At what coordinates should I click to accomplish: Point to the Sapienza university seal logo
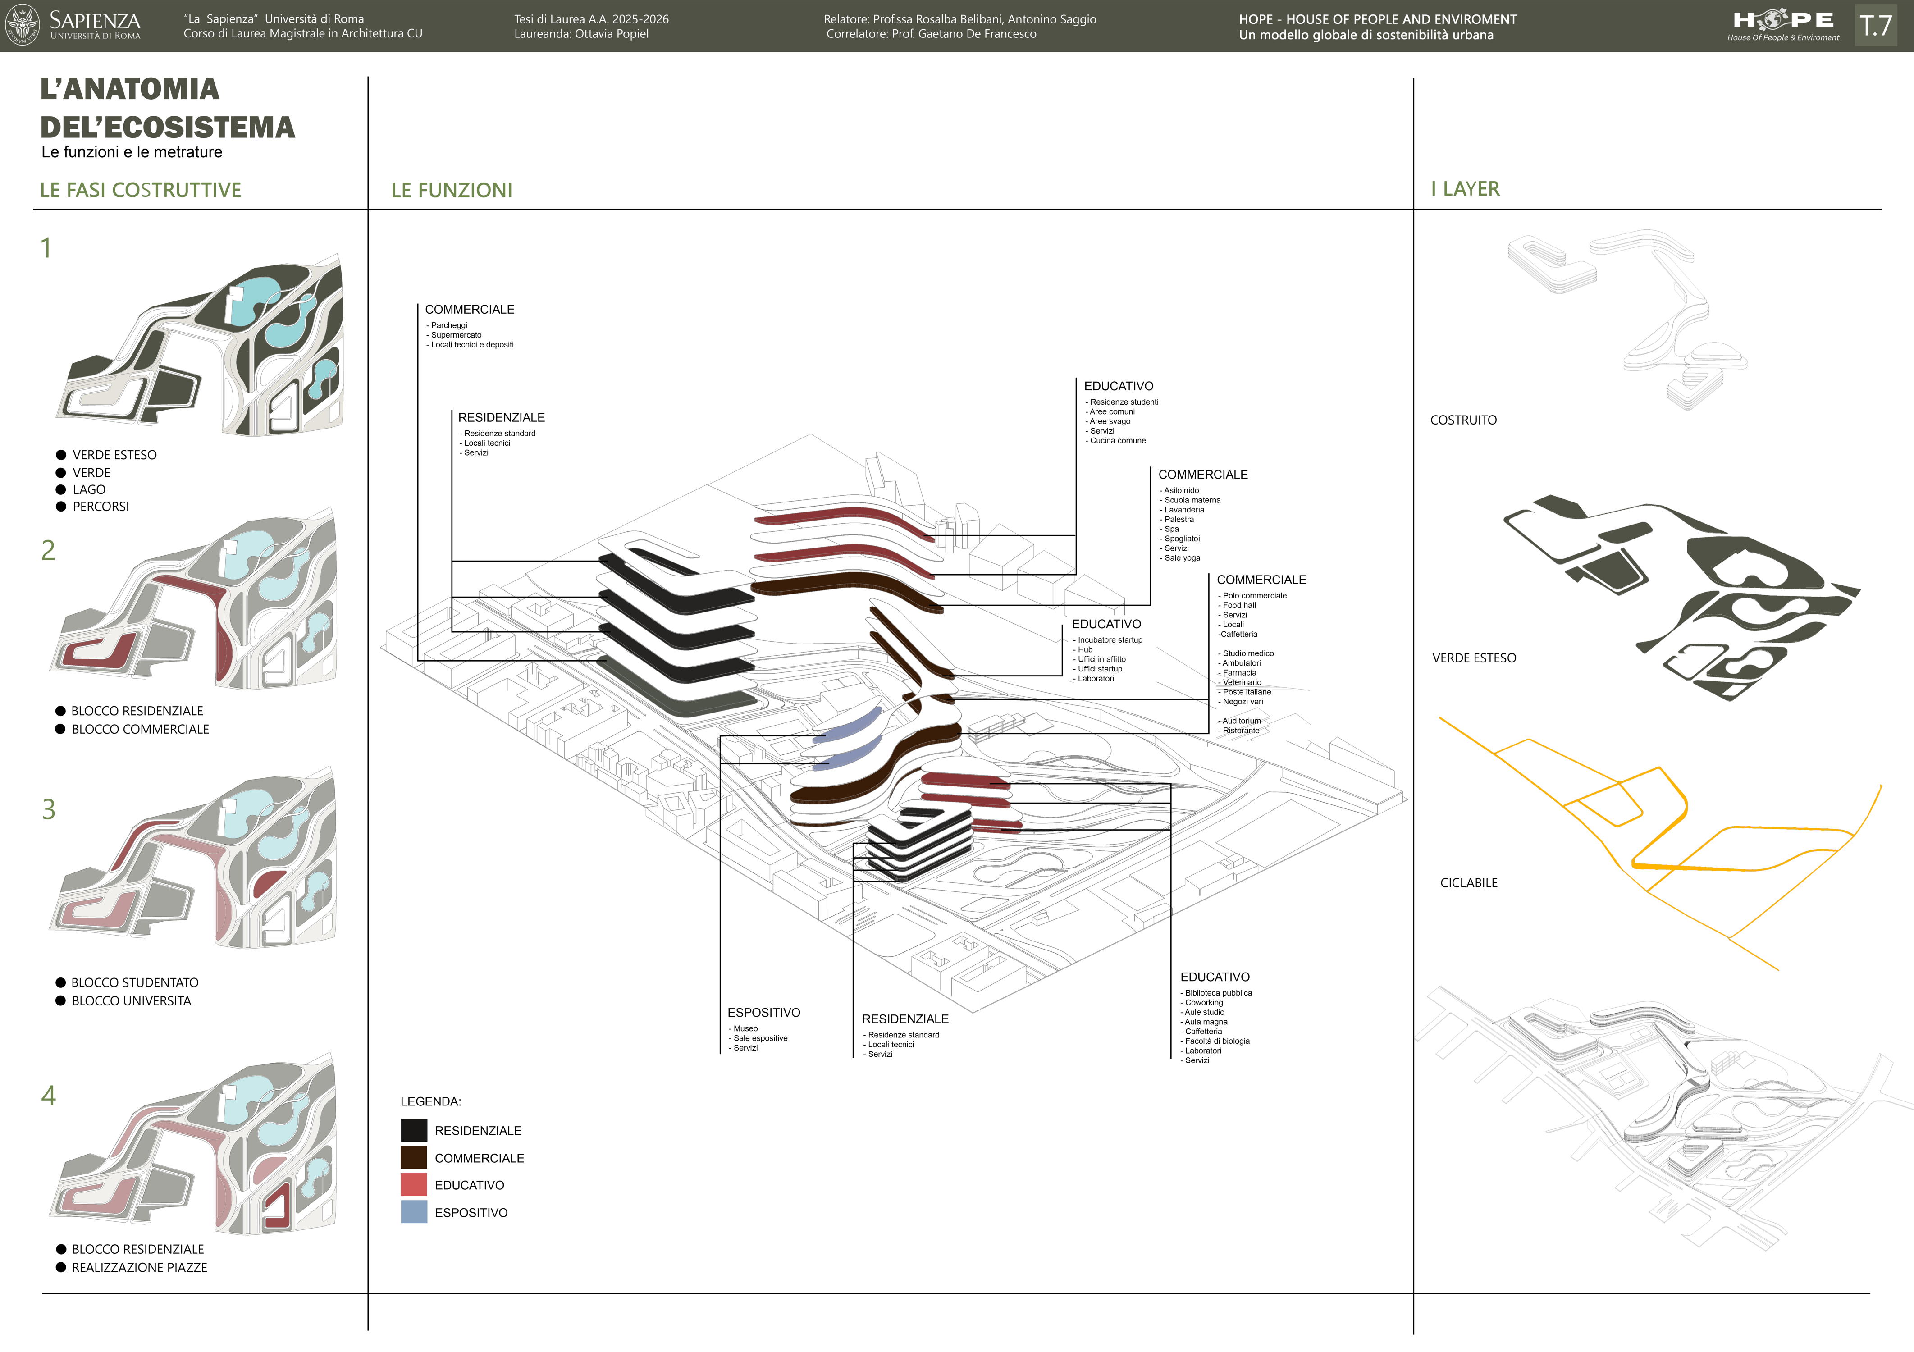(x=23, y=25)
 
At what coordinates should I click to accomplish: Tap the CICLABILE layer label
(x=1469, y=883)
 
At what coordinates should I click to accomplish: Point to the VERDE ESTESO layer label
(x=1474, y=658)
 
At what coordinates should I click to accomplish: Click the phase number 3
(x=49, y=809)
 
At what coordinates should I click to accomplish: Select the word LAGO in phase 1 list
(x=89, y=489)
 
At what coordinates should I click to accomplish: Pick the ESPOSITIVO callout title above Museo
(x=763, y=1013)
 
